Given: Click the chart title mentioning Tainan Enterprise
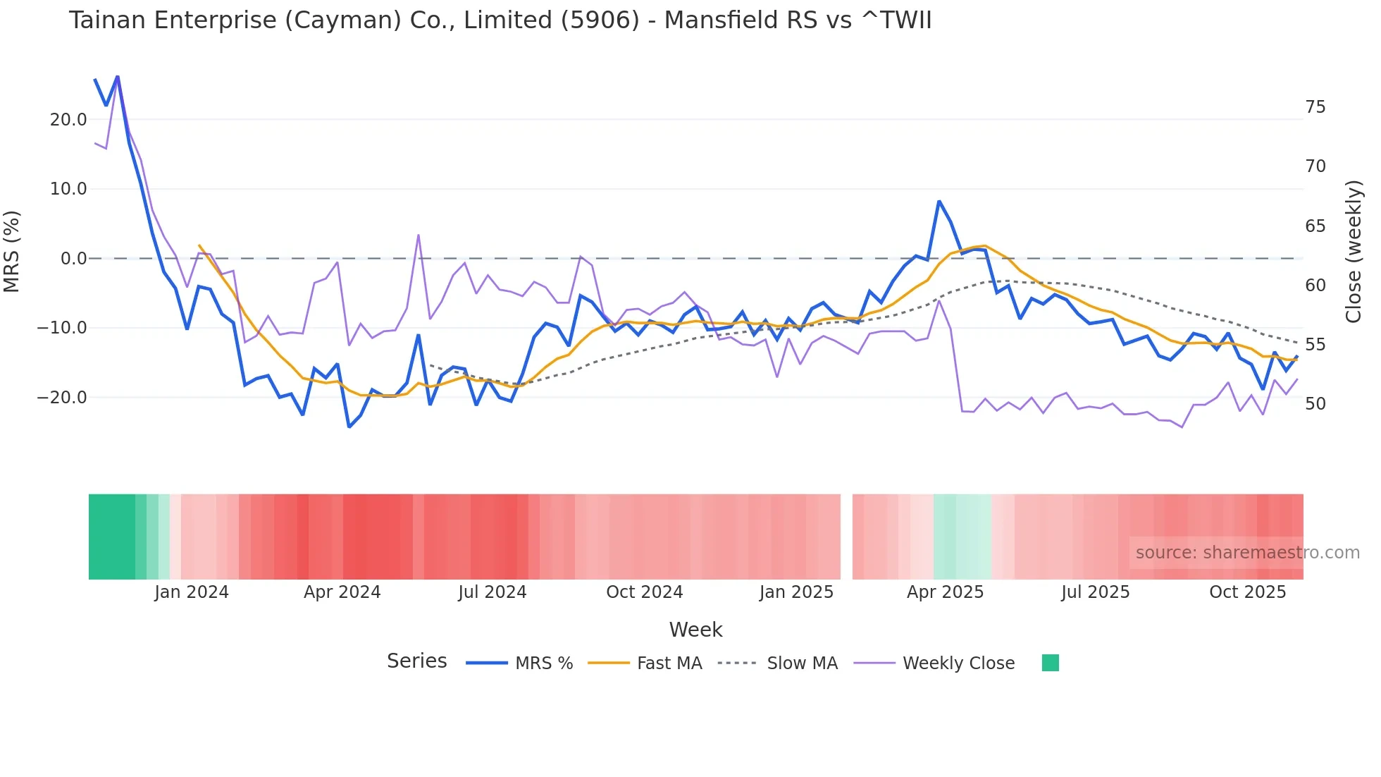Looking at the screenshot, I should (x=500, y=20).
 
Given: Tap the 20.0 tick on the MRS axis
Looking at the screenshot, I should (x=68, y=120).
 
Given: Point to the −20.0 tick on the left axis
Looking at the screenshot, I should (x=62, y=398).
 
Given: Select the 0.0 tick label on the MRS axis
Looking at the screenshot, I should (x=73, y=259).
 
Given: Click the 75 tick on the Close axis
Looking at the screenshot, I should (x=1315, y=107).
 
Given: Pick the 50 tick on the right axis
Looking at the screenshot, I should (x=1315, y=404).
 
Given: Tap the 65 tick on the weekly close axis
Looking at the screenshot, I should (x=1315, y=226).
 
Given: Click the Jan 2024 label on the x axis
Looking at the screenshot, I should (x=192, y=592).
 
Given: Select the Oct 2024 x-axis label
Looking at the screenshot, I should (x=644, y=592).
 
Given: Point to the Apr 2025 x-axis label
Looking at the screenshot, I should (x=945, y=592).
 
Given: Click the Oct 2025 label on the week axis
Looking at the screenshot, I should (x=1247, y=592).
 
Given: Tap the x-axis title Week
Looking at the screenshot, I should (x=695, y=630).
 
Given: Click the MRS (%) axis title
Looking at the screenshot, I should (x=12, y=251).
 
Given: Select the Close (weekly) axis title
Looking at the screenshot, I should (x=1354, y=252).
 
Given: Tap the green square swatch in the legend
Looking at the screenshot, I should (x=1050, y=663).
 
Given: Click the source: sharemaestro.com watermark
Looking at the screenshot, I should (x=1247, y=553).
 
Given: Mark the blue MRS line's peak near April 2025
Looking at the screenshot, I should (x=939, y=202).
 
